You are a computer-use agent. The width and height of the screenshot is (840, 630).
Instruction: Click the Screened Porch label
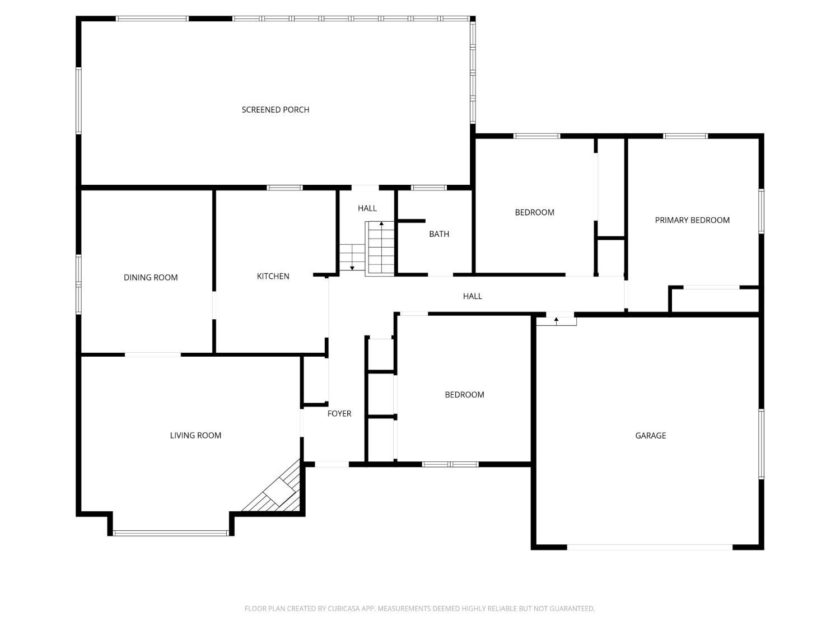click(276, 110)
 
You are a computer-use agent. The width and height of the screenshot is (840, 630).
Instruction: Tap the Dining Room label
click(151, 277)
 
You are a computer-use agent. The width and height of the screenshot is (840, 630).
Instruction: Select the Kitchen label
click(273, 276)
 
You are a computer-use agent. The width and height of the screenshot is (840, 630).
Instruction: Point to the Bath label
click(439, 234)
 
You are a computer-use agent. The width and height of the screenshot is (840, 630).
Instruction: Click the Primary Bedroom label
click(692, 220)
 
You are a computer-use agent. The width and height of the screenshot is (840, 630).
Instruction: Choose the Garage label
click(650, 435)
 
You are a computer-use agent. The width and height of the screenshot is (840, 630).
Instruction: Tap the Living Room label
click(195, 435)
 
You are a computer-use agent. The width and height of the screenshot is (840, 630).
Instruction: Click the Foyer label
click(339, 413)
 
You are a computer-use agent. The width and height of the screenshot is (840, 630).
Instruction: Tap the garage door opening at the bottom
click(650, 547)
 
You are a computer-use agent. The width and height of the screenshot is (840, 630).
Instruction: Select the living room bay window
click(171, 533)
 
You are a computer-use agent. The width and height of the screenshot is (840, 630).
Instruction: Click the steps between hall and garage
click(556, 321)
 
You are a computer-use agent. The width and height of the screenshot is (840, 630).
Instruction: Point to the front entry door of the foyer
click(332, 464)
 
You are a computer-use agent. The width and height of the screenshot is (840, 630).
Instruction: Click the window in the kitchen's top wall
click(284, 188)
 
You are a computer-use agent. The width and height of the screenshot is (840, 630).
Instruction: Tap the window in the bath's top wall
click(429, 188)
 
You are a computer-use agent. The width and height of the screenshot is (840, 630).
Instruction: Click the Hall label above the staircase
click(367, 208)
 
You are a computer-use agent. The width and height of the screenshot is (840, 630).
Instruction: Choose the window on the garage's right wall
click(761, 444)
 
